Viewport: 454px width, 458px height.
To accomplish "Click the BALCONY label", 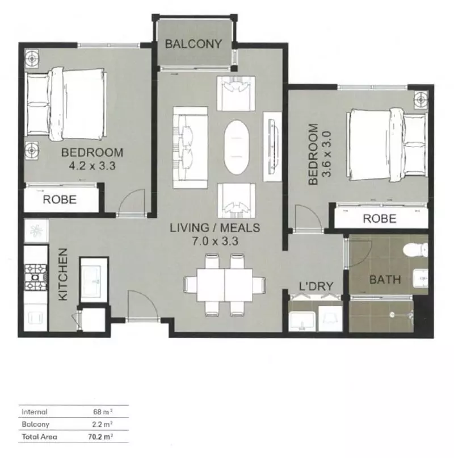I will click(x=193, y=44).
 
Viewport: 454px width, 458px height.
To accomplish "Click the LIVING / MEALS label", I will click(x=215, y=228).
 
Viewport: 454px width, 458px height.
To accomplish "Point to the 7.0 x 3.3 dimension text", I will click(x=215, y=241).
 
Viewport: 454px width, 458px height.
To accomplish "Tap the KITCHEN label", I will click(x=63, y=274).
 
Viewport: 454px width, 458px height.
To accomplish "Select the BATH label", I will click(x=385, y=280).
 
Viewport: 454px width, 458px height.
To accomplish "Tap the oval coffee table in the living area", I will click(x=236, y=147).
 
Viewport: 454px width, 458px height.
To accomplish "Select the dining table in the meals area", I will click(x=225, y=285).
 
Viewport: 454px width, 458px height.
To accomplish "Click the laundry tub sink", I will click(x=302, y=320).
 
